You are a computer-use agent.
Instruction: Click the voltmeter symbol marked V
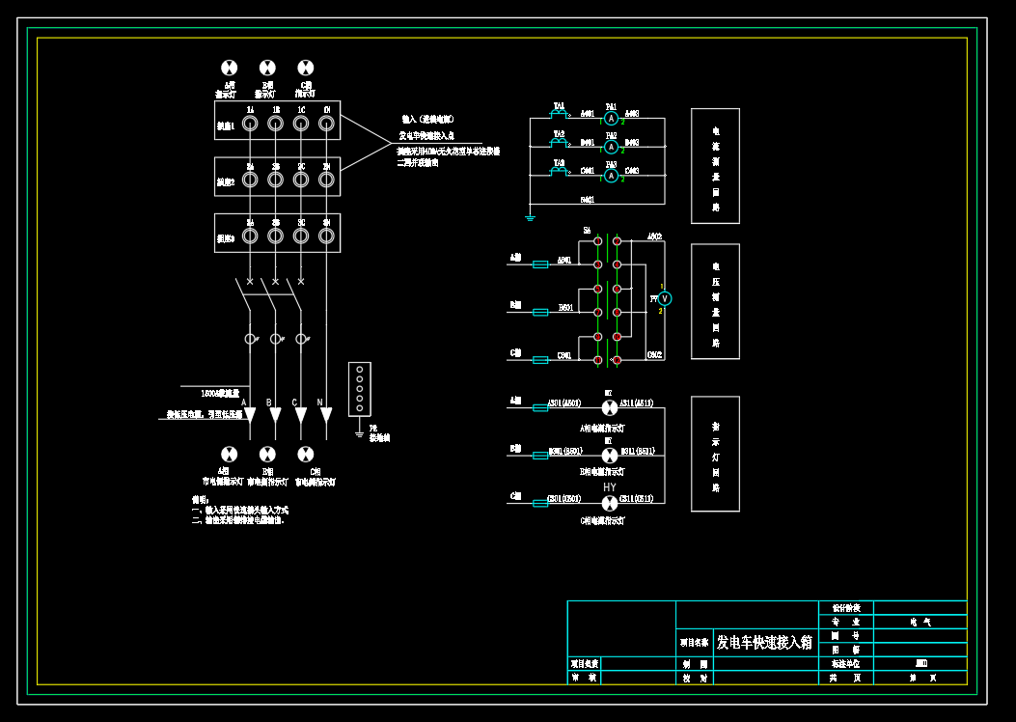coord(664,299)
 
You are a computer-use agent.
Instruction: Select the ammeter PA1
coord(611,119)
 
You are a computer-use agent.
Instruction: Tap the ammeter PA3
coord(611,176)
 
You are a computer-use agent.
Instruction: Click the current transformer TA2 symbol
coord(559,143)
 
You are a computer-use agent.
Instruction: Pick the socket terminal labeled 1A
coord(250,124)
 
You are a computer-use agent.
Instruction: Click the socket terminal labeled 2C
coord(301,180)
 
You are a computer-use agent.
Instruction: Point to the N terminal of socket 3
coord(326,236)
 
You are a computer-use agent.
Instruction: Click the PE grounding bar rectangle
coord(359,389)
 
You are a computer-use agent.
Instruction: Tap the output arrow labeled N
coord(326,416)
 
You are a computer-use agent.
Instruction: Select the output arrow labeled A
coord(250,416)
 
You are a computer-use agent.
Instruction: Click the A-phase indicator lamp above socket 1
coord(229,68)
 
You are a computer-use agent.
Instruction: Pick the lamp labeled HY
coord(610,503)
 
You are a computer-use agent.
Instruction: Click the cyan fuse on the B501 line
coord(540,312)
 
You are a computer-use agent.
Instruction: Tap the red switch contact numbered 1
coord(598,241)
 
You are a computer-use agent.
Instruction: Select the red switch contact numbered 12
coord(618,360)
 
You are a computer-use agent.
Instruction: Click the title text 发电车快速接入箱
coord(764,642)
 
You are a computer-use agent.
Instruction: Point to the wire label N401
coord(587,200)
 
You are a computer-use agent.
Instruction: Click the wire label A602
coord(654,236)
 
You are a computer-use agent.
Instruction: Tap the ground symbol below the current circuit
coord(530,217)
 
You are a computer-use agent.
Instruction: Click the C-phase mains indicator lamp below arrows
coord(305,454)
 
